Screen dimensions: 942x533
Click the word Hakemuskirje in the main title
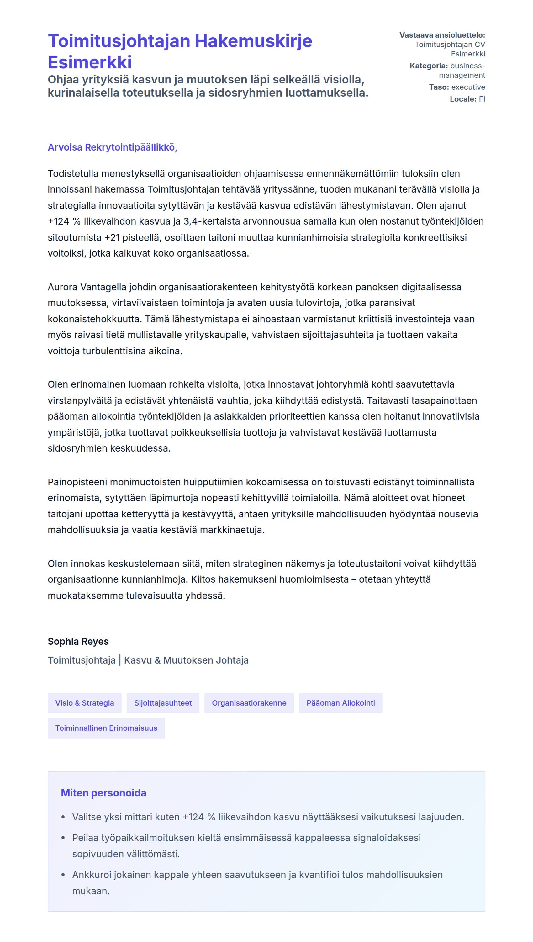click(x=253, y=41)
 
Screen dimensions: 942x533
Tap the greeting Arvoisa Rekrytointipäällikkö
click(x=112, y=147)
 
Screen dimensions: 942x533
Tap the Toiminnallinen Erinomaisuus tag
click(x=106, y=728)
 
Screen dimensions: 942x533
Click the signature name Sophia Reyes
click(x=78, y=641)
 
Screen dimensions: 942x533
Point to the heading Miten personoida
click(x=103, y=793)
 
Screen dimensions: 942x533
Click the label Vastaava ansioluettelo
click(x=442, y=35)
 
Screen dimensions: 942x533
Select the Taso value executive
click(x=468, y=87)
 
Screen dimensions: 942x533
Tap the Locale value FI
click(x=482, y=99)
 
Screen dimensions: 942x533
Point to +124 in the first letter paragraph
click(x=59, y=221)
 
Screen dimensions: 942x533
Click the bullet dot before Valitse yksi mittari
click(x=63, y=817)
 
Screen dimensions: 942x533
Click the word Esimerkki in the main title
click(x=90, y=62)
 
